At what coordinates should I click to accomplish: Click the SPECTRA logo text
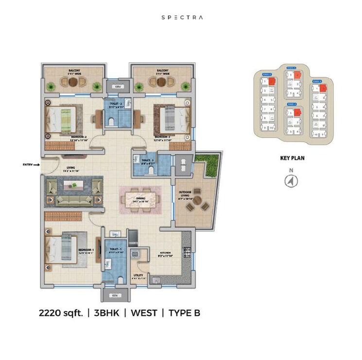(x=182, y=17)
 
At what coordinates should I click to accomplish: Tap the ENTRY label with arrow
(x=30, y=165)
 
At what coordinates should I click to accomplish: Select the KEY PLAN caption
(x=292, y=158)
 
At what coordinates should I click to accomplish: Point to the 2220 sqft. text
(x=61, y=313)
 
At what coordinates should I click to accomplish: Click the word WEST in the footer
(x=144, y=313)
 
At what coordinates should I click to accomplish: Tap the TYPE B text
(x=184, y=313)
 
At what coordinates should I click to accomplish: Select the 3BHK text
(x=107, y=313)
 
